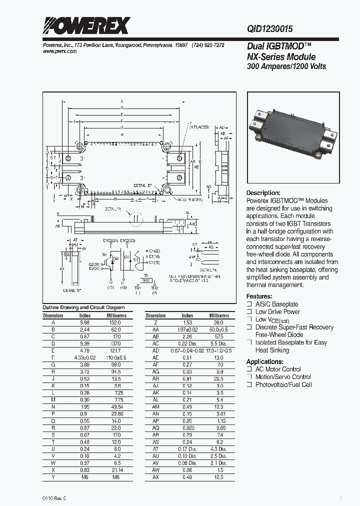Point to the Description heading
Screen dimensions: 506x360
[263, 193]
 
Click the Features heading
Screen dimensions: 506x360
[259, 296]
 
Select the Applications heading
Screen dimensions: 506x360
[265, 361]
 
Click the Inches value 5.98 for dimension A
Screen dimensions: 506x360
[85, 322]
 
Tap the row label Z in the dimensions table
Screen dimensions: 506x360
[155, 322]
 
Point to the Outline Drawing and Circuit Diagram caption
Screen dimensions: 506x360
[83, 307]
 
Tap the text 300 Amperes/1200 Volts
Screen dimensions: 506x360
[286, 66]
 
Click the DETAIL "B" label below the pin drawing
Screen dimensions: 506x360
[73, 290]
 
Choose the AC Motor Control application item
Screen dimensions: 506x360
[278, 369]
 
